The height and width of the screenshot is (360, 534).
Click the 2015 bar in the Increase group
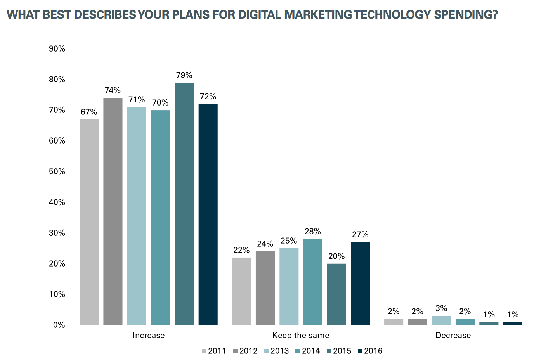(184, 204)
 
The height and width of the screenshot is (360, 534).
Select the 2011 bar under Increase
(89, 222)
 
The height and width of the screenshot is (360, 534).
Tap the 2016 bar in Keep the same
(360, 283)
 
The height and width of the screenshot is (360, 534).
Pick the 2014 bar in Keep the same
(312, 282)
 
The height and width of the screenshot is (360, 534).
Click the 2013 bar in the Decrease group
(441, 320)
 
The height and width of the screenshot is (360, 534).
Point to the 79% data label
(184, 75)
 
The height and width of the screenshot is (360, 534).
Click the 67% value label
(89, 112)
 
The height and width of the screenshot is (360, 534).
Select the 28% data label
(312, 232)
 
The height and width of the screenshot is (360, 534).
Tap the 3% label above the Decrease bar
(441, 308)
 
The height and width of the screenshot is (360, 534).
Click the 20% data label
(336, 256)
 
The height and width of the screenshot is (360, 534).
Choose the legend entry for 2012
(245, 351)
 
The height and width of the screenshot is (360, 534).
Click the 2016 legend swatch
(360, 351)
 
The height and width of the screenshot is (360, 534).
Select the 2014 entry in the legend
(307, 351)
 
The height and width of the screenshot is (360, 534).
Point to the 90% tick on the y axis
(57, 49)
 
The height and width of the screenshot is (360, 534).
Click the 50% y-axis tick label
(57, 171)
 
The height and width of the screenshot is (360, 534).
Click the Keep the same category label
(301, 336)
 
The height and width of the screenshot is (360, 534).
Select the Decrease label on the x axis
(453, 336)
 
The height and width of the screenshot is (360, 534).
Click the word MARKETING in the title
(318, 15)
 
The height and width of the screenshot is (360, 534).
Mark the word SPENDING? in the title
(466, 15)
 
